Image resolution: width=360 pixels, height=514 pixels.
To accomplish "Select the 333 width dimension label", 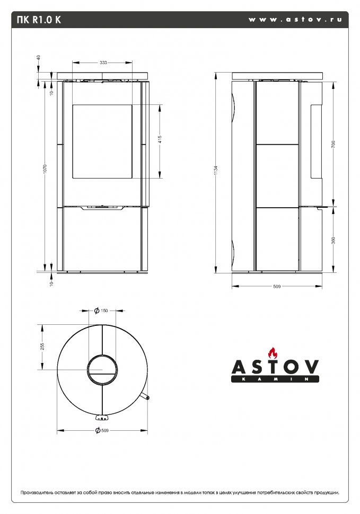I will [103, 63].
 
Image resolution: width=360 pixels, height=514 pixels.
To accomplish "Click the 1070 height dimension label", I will [45, 169].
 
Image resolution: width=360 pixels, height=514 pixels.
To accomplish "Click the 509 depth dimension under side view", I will [276, 287].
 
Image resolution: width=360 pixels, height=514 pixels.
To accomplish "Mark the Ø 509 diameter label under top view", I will [101, 430].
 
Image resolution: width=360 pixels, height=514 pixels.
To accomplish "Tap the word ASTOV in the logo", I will [275, 367].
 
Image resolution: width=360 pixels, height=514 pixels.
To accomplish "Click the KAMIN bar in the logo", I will [275, 379].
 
